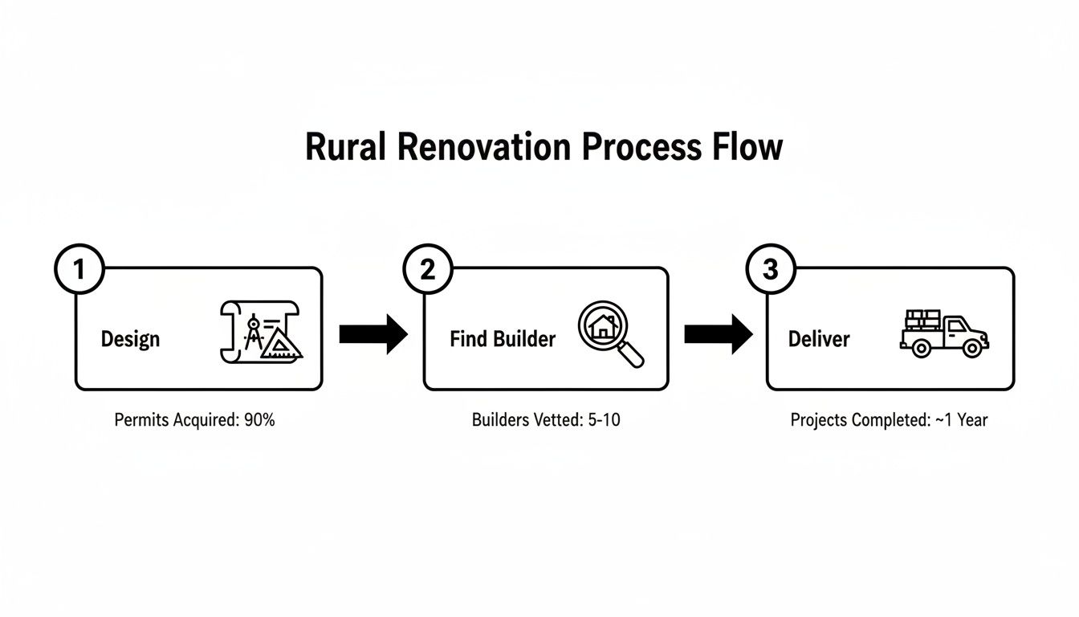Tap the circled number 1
pyautogui.click(x=79, y=270)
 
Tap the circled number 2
pyautogui.click(x=427, y=270)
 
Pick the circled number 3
pyautogui.click(x=771, y=270)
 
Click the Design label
pyautogui.click(x=130, y=339)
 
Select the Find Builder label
pyautogui.click(x=503, y=339)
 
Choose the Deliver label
pyautogui.click(x=818, y=339)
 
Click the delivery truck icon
pyautogui.click(x=944, y=333)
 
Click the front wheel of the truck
pyautogui.click(x=972, y=348)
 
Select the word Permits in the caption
pyautogui.click(x=140, y=420)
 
